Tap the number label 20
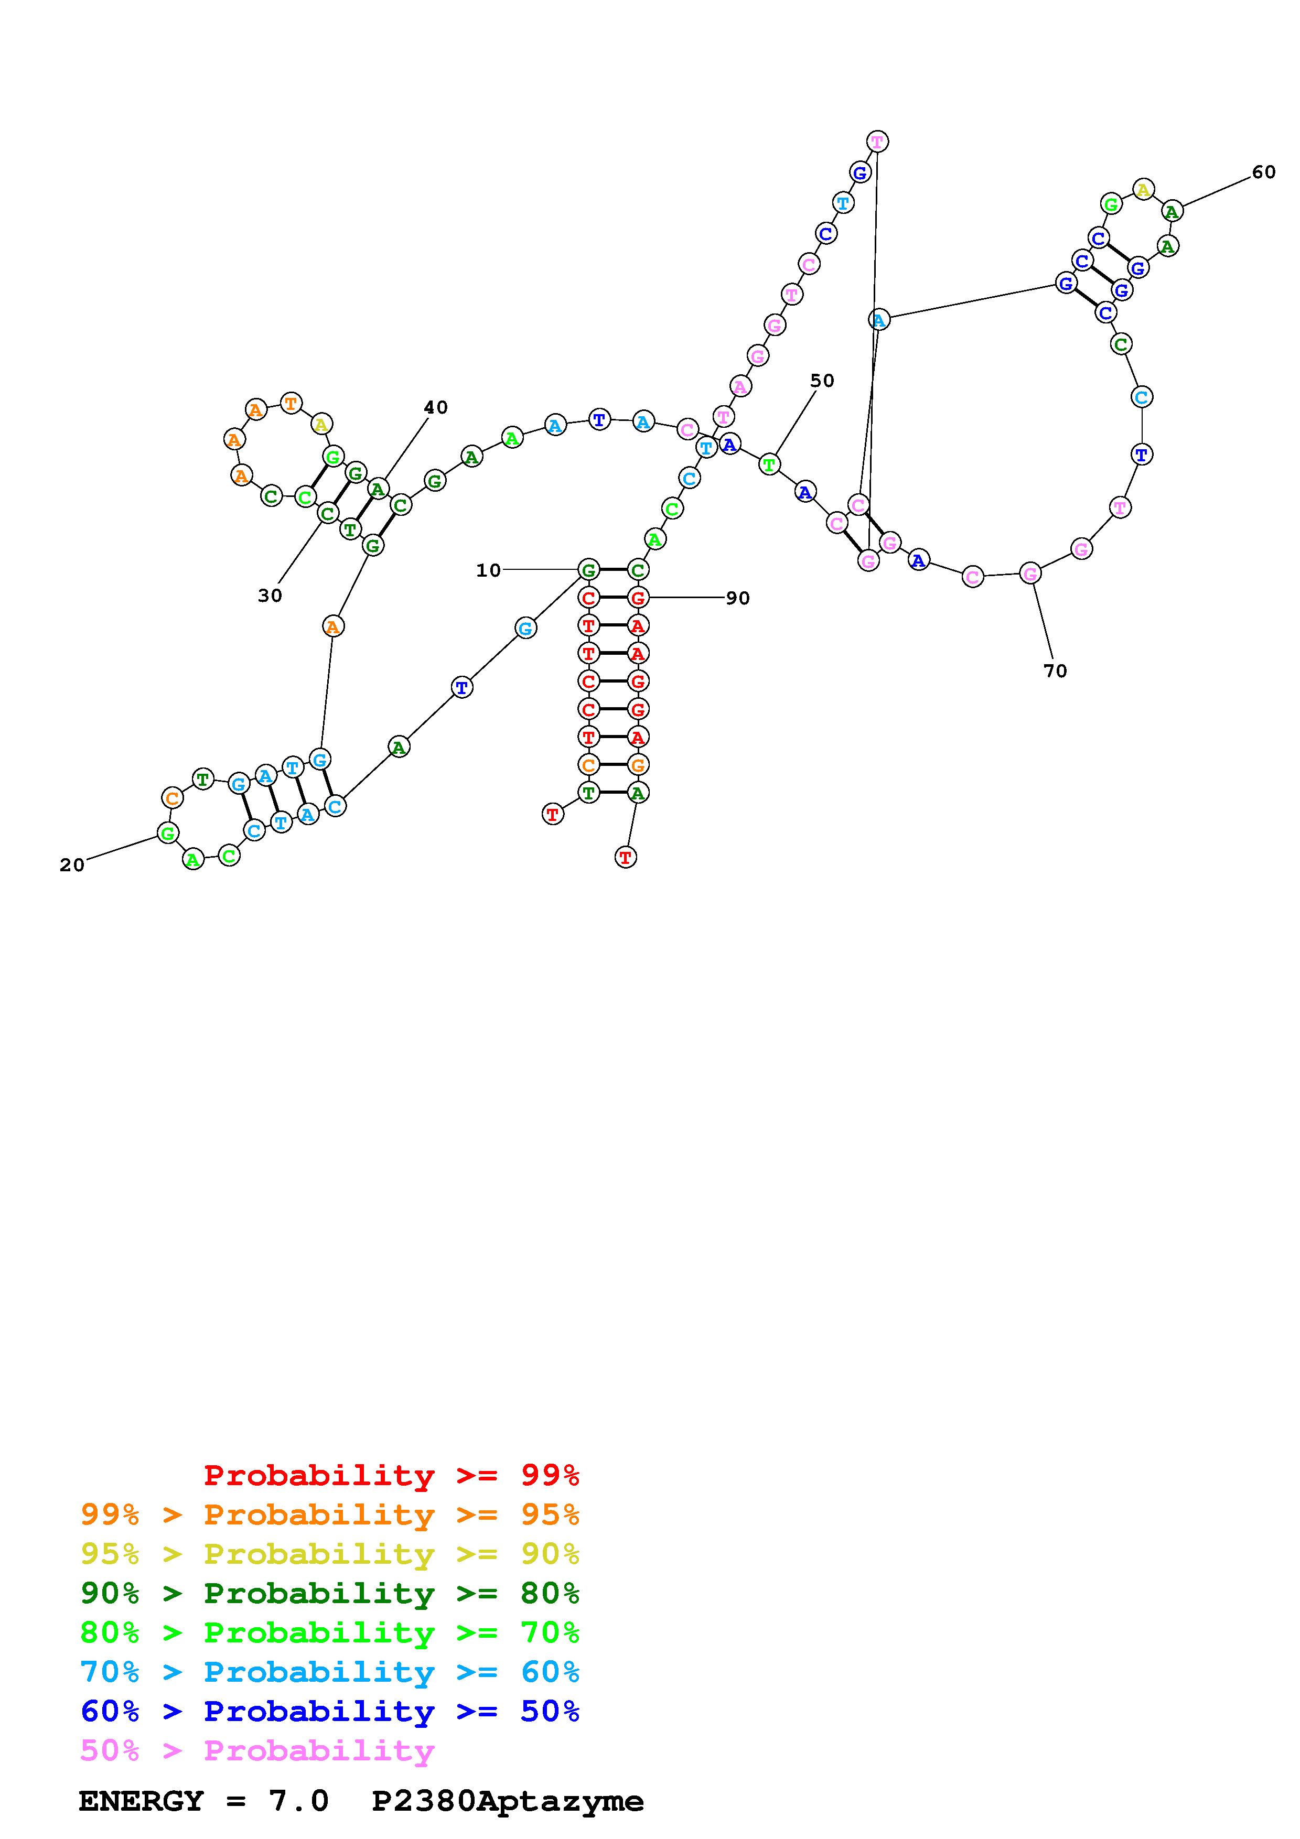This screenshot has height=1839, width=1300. point(72,865)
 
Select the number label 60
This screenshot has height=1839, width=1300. point(1263,172)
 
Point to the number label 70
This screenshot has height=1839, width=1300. point(1056,671)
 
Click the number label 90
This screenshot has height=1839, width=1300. point(738,598)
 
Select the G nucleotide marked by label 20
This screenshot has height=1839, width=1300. point(167,834)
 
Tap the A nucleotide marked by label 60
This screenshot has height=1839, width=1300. point(1172,211)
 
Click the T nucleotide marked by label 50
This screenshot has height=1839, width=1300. point(769,464)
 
